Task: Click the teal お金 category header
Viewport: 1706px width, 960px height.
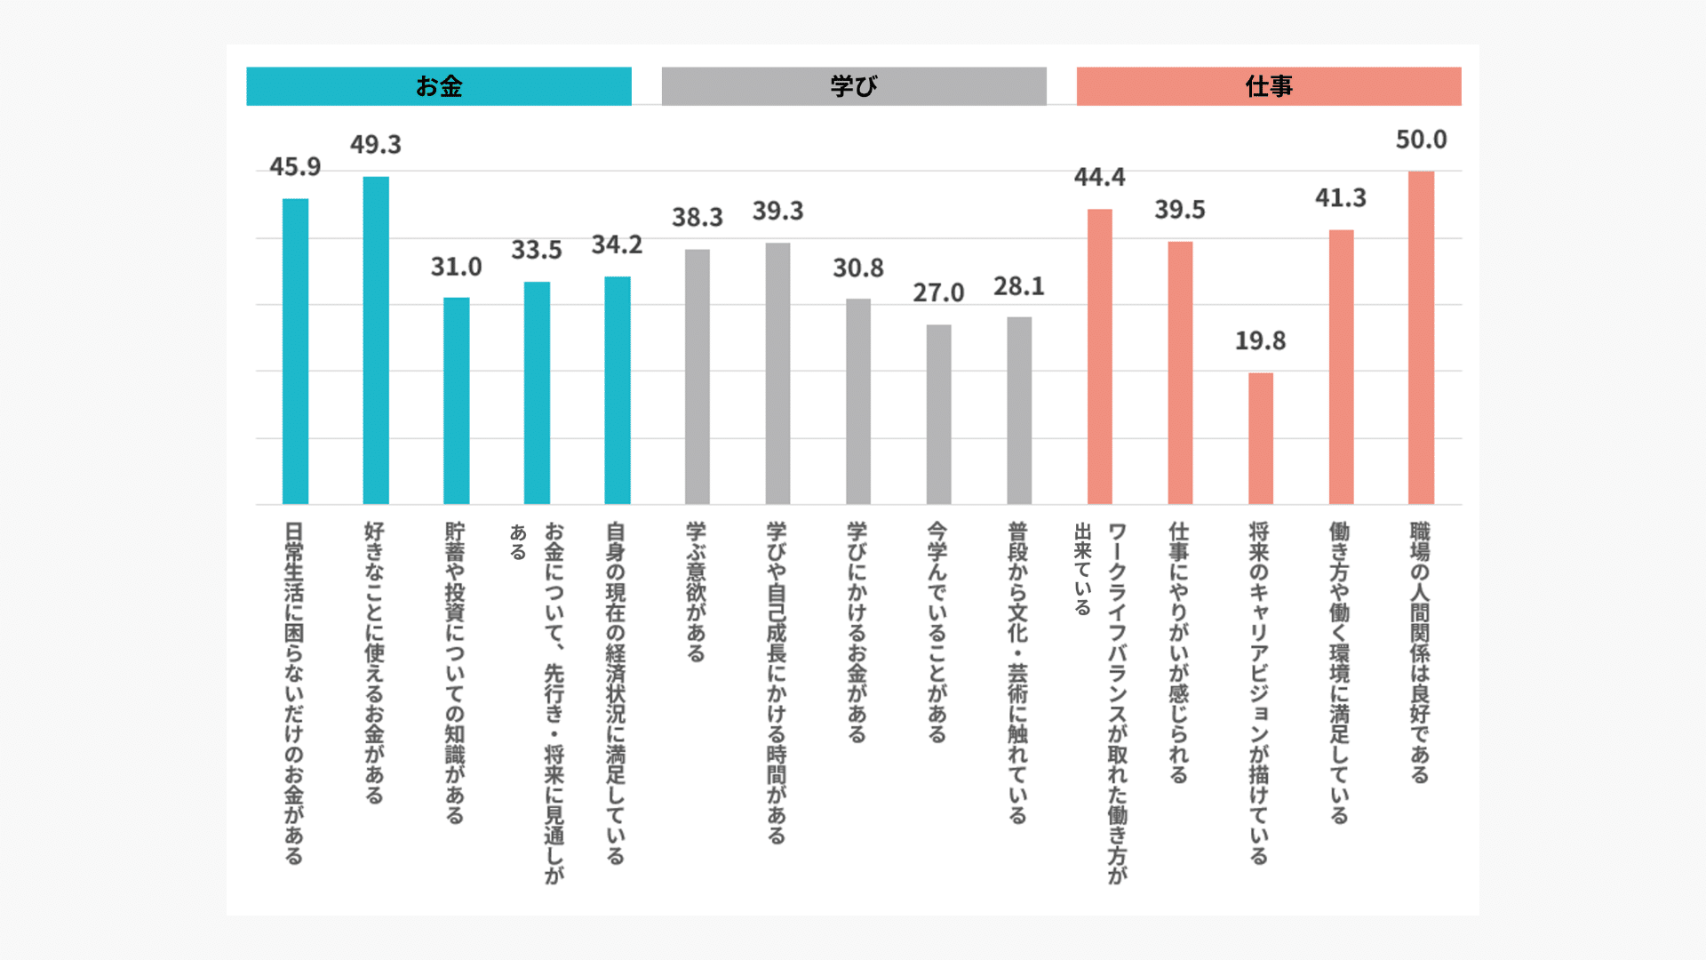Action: [x=438, y=86]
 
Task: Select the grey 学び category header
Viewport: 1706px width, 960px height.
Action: [x=853, y=86]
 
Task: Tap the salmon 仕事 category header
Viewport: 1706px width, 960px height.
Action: [x=1268, y=86]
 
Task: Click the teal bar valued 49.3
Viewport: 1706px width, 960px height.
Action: [x=376, y=340]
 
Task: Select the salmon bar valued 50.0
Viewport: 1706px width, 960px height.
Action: [x=1421, y=338]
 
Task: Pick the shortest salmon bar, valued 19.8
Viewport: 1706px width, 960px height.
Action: [x=1260, y=438]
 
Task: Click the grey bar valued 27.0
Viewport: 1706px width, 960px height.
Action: [x=938, y=414]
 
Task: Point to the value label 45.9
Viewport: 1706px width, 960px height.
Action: [x=295, y=167]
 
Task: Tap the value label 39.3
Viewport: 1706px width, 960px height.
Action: [x=777, y=212]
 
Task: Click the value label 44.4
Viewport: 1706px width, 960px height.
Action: [x=1099, y=178]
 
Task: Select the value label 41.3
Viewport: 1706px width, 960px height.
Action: [x=1340, y=198]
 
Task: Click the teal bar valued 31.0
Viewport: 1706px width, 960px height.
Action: [x=456, y=401]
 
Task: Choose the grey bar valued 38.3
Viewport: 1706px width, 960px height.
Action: [x=698, y=377]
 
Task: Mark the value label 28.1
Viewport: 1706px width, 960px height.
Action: [x=1018, y=287]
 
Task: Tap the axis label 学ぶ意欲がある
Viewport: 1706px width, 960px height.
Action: [x=697, y=591]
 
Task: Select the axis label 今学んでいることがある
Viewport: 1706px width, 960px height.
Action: [x=937, y=631]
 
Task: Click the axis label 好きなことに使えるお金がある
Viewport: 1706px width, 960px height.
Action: [x=375, y=662]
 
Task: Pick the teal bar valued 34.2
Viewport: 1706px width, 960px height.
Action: [x=618, y=390]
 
